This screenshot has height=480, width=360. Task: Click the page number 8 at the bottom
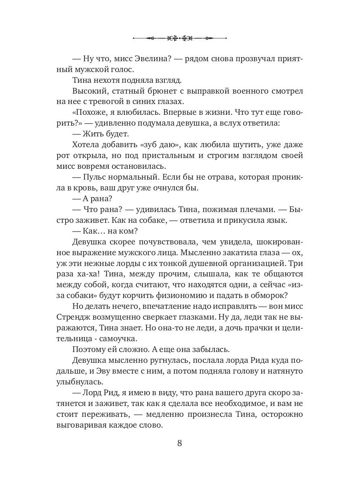coord(180,444)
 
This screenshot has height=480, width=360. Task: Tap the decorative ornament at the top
coord(180,38)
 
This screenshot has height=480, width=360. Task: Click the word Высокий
coord(88,92)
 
